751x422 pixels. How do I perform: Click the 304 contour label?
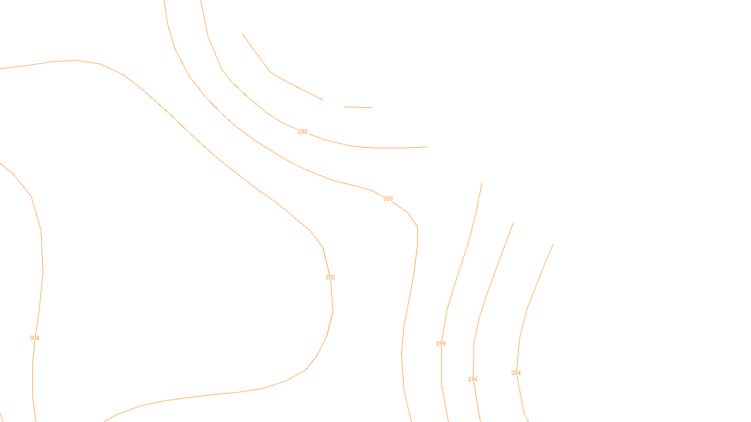pyautogui.click(x=34, y=338)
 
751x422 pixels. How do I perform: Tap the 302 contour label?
pyautogui.click(x=330, y=278)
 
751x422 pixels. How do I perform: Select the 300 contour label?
pyautogui.click(x=388, y=199)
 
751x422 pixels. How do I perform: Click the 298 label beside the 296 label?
pyautogui.click(x=441, y=344)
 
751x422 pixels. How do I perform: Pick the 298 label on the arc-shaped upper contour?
pyautogui.click(x=302, y=132)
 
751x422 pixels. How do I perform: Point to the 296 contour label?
pyautogui.click(x=473, y=379)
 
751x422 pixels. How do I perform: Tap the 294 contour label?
pyautogui.click(x=516, y=373)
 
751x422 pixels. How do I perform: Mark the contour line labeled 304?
pyautogui.click(x=41, y=234)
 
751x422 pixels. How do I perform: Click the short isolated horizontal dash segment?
pyautogui.click(x=359, y=107)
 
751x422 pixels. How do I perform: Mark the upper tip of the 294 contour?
pyautogui.click(x=553, y=244)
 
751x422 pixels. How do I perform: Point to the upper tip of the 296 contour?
pyautogui.click(x=513, y=223)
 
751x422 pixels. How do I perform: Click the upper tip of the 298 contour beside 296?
pyautogui.click(x=482, y=183)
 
